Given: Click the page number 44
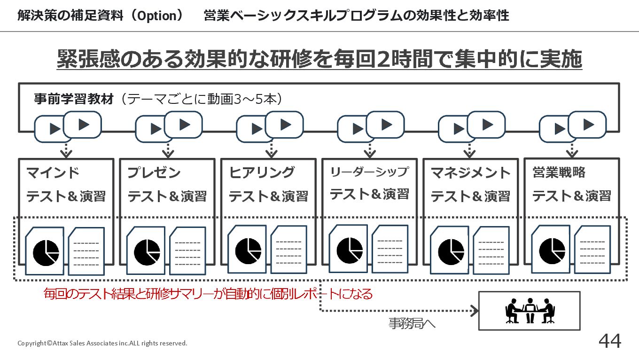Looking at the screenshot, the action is click(609, 341).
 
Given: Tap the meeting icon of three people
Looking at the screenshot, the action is click(530, 311).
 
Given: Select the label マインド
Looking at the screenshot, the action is click(53, 173).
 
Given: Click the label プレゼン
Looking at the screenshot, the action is click(154, 173).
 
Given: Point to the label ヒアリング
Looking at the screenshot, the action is click(262, 172).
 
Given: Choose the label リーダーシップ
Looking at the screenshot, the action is click(369, 172).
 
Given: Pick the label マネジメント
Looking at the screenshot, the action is click(470, 173).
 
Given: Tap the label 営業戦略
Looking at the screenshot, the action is click(559, 172).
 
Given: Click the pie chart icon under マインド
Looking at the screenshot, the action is click(46, 253).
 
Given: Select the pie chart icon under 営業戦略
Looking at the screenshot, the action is click(552, 251).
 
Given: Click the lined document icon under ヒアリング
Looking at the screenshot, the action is click(288, 250).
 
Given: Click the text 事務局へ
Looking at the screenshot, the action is click(412, 324).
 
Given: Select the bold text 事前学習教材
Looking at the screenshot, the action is click(74, 99).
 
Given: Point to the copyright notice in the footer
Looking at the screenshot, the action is click(102, 343).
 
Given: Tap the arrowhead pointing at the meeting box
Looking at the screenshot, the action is click(475, 311).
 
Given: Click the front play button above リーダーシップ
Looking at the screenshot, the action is click(385, 125).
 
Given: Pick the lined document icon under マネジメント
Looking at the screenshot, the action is click(491, 250).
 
